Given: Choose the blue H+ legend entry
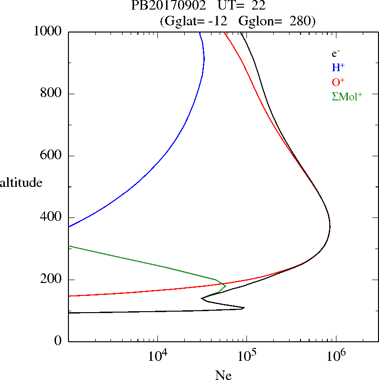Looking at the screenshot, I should tap(338, 67).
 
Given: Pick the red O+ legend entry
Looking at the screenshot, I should tap(338, 82).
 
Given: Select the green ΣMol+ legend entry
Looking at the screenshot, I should tap(347, 96).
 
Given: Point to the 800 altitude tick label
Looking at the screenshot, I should tap(52, 94).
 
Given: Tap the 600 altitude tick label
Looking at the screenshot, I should tap(52, 156).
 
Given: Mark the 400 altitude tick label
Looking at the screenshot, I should tap(52, 217).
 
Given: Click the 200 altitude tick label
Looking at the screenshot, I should tap(52, 280).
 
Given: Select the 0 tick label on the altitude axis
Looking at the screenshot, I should tap(58, 341).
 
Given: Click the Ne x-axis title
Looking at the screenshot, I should tap(223, 375).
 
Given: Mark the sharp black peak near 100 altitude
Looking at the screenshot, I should tap(244, 308).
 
